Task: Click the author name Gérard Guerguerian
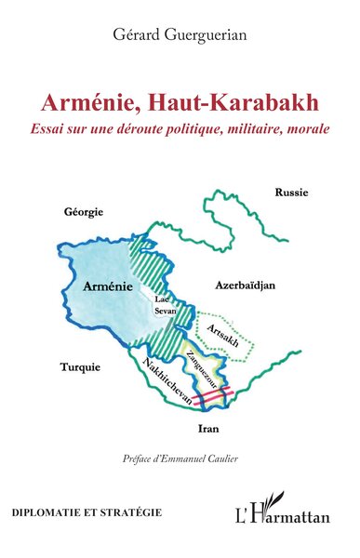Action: coord(180,35)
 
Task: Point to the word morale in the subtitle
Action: coord(309,130)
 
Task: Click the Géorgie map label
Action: coord(84,211)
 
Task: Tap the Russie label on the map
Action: coord(291,193)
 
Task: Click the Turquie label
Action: coord(79,366)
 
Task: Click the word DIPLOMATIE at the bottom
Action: coord(53,512)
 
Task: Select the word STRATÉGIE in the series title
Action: coord(132,512)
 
